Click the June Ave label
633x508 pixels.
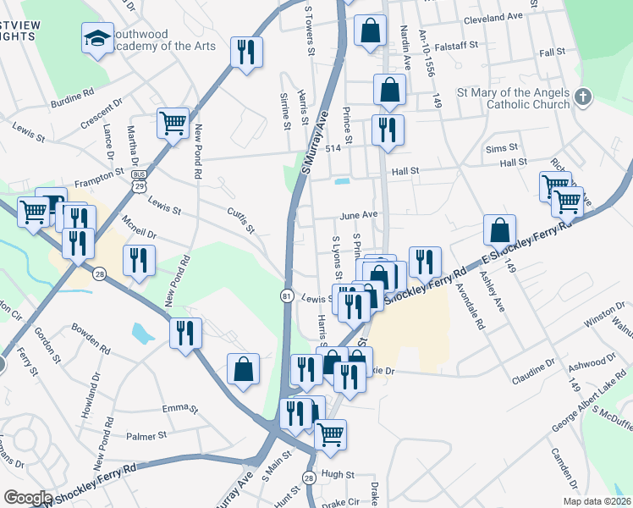point(358,216)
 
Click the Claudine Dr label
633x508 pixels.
point(532,360)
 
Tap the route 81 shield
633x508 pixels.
point(287,295)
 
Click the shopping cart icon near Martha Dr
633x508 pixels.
point(173,124)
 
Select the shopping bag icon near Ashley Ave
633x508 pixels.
point(500,229)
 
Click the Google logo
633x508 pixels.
point(28,498)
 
